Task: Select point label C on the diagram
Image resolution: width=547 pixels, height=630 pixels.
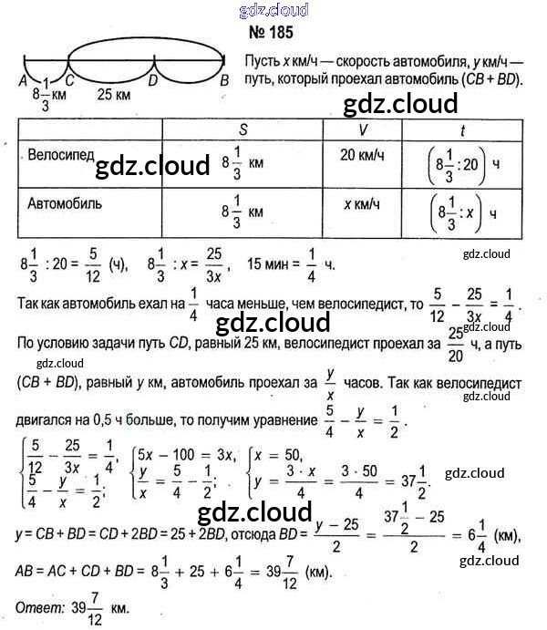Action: (69, 80)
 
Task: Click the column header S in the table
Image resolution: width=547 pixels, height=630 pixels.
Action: (243, 128)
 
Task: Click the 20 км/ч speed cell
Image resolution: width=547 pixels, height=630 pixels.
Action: (357, 156)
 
